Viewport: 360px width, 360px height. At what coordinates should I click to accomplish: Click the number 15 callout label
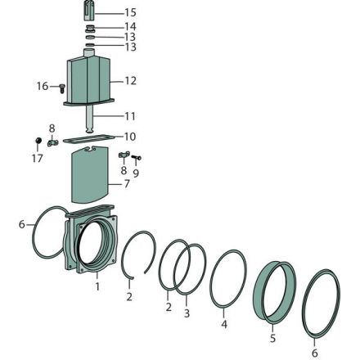130,12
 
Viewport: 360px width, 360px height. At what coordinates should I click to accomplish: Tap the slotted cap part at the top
89,11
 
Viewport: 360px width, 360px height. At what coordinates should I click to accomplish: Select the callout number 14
130,27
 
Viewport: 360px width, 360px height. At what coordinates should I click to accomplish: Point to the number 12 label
130,81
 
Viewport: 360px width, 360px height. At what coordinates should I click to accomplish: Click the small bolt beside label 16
62,88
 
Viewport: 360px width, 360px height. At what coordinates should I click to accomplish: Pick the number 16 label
43,86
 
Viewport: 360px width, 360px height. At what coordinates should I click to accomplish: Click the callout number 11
130,116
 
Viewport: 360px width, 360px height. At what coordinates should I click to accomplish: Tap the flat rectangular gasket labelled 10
89,138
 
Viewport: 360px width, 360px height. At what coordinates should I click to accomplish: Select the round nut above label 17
38,141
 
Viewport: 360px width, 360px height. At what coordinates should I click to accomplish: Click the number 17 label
38,158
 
